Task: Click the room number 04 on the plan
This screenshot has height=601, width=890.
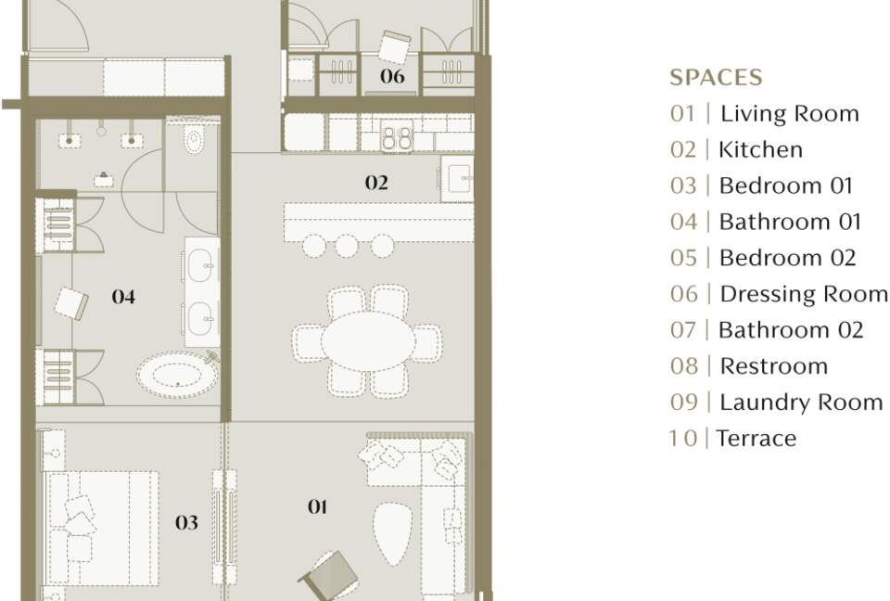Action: [123, 297]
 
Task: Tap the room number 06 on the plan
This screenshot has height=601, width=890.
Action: [392, 75]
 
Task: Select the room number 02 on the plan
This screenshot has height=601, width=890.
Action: [376, 183]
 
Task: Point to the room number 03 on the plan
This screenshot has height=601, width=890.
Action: [186, 522]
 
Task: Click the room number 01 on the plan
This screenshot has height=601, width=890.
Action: [317, 506]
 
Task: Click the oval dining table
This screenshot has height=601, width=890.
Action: [368, 340]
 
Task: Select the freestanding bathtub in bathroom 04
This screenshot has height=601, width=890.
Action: [178, 374]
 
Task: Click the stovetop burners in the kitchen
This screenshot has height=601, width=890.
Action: [398, 137]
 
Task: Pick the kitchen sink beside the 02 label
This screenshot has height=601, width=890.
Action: [457, 179]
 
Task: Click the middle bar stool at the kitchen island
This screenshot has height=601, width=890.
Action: [346, 246]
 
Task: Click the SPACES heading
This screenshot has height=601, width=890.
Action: [716, 77]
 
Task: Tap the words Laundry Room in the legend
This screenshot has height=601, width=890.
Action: [801, 403]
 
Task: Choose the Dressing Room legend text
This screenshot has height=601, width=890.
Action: [804, 294]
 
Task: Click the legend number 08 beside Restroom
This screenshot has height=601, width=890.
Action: [684, 366]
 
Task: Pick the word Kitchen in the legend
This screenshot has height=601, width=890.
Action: [760, 150]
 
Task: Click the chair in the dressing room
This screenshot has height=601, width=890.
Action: [395, 46]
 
